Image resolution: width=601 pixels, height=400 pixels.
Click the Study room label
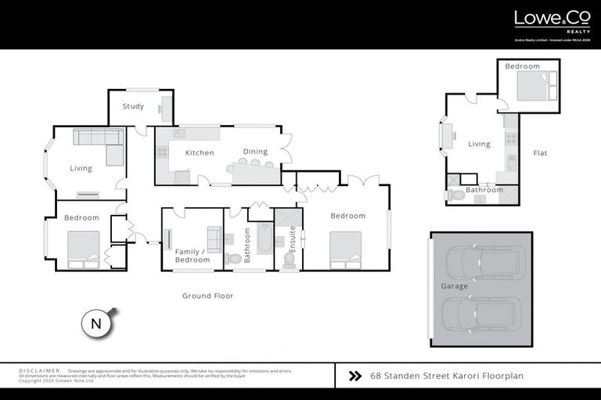[133, 106]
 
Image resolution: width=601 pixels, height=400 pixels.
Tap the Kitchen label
[200, 152]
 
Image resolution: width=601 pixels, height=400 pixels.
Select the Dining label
[255, 152]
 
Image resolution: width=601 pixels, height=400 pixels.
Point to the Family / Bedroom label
[192, 255]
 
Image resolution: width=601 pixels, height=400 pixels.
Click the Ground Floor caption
[207, 296]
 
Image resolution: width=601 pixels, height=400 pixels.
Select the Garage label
[454, 286]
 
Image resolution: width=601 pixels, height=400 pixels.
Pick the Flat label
[540, 153]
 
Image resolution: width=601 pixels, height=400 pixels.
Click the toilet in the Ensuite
[289, 259]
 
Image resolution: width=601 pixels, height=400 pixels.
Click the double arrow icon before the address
[354, 376]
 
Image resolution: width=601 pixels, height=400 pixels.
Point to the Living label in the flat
[479, 144]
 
